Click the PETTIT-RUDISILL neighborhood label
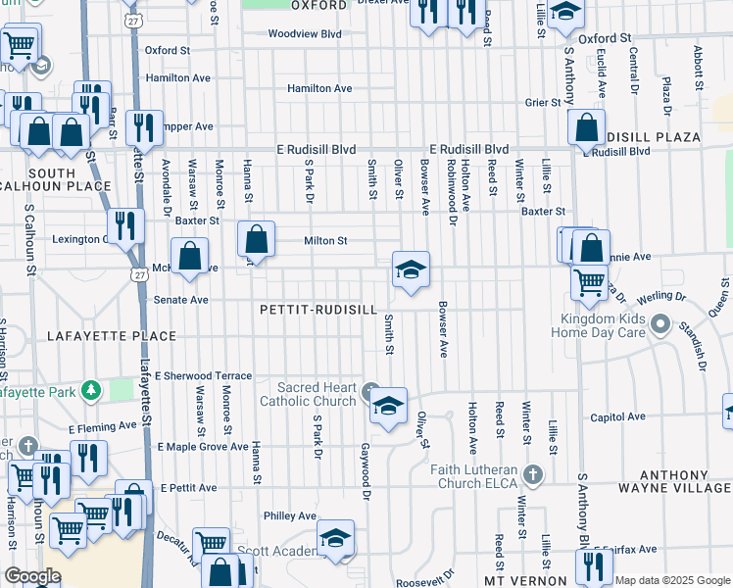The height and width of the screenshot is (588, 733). [x=318, y=310]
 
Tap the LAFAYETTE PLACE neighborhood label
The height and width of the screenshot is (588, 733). [x=112, y=336]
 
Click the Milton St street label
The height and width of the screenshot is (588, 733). [x=325, y=240]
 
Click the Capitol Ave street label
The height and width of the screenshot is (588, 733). [x=617, y=416]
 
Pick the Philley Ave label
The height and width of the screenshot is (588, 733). [x=290, y=515]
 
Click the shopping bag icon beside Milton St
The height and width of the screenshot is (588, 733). [x=256, y=238]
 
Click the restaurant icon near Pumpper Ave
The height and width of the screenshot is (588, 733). [x=143, y=126]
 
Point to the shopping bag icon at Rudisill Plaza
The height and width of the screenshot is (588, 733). [x=586, y=127]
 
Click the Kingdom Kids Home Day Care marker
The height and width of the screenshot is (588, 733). [x=661, y=325]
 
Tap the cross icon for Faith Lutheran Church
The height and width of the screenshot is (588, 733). [x=532, y=474]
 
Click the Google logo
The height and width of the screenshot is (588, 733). [x=32, y=576]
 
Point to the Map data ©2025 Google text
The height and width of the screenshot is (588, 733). [x=672, y=580]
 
